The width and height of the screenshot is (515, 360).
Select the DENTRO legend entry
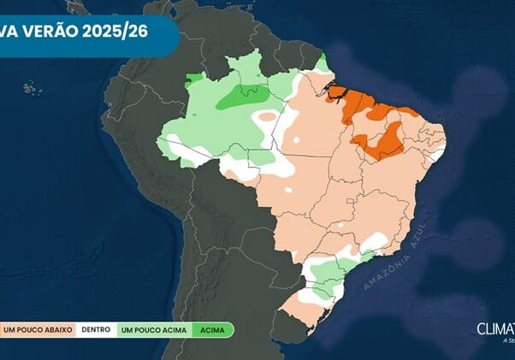[x=94, y=328]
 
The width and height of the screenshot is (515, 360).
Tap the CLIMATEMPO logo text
[x=496, y=328]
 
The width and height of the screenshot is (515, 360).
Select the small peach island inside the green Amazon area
[x=268, y=115]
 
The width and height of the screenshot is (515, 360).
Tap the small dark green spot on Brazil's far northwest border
[x=195, y=78]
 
